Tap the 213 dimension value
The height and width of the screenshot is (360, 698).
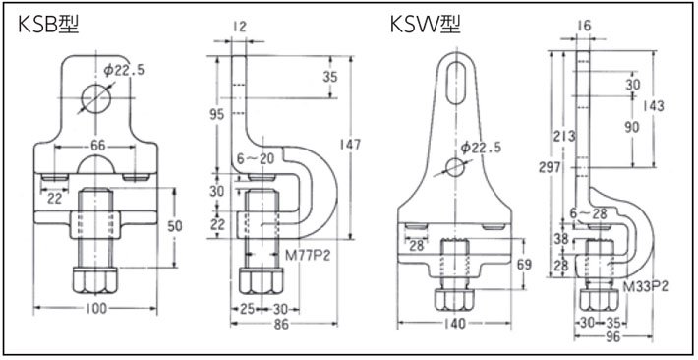point(563,136)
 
